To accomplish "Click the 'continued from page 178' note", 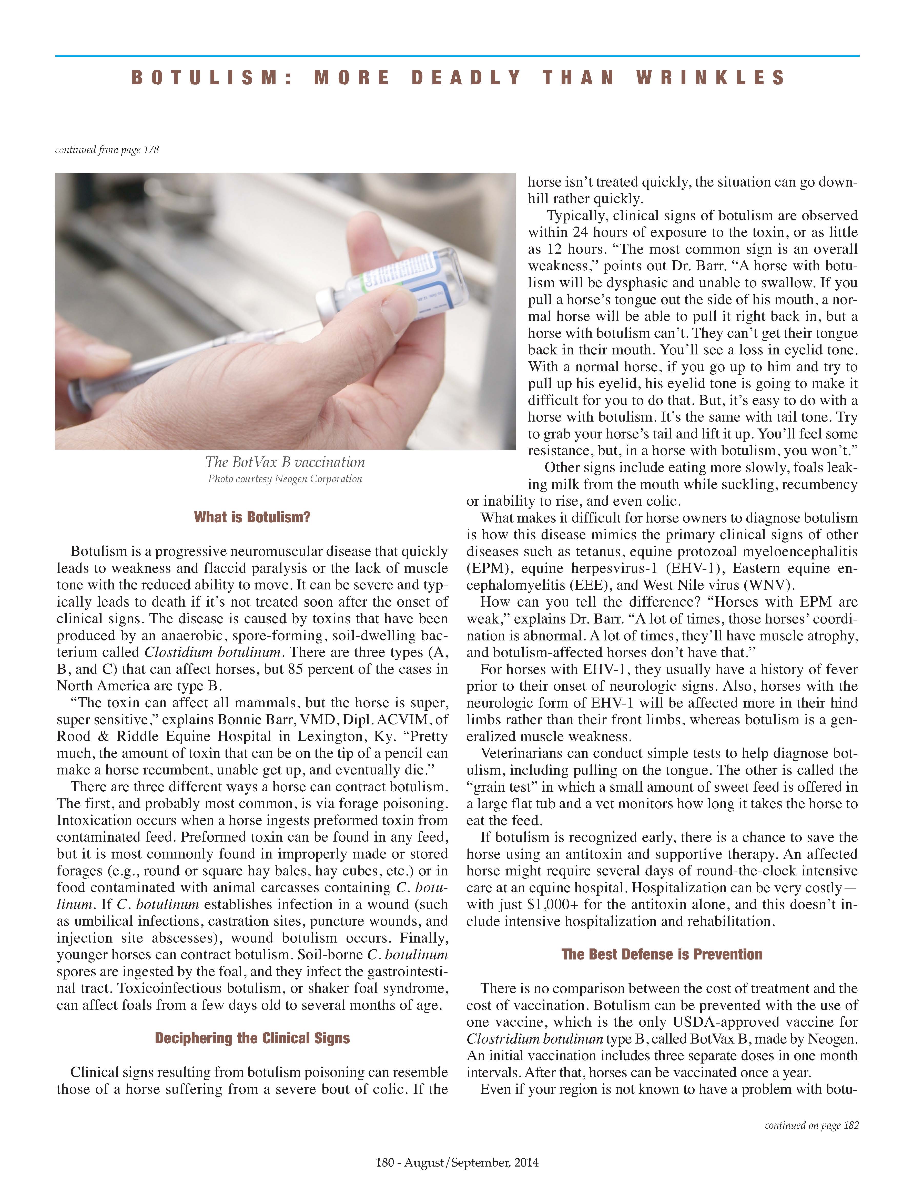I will [107, 149].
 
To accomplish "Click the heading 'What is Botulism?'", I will [252, 517].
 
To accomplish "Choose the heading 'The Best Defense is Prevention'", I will [662, 954].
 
